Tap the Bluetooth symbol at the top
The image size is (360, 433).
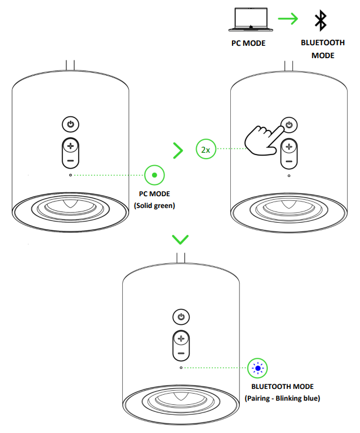pos(320,21)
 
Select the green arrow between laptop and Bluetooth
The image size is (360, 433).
pos(288,19)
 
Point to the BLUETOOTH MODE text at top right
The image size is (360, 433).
pos(319,49)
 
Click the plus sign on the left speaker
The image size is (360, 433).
pos(70,146)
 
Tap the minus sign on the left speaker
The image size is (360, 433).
pos(70,159)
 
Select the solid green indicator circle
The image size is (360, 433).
pos(154,175)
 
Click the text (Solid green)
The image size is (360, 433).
pos(154,205)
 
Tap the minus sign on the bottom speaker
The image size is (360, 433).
pos(181,353)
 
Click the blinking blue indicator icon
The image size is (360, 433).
pos(257,368)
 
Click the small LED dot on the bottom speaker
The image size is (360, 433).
pos(181,368)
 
